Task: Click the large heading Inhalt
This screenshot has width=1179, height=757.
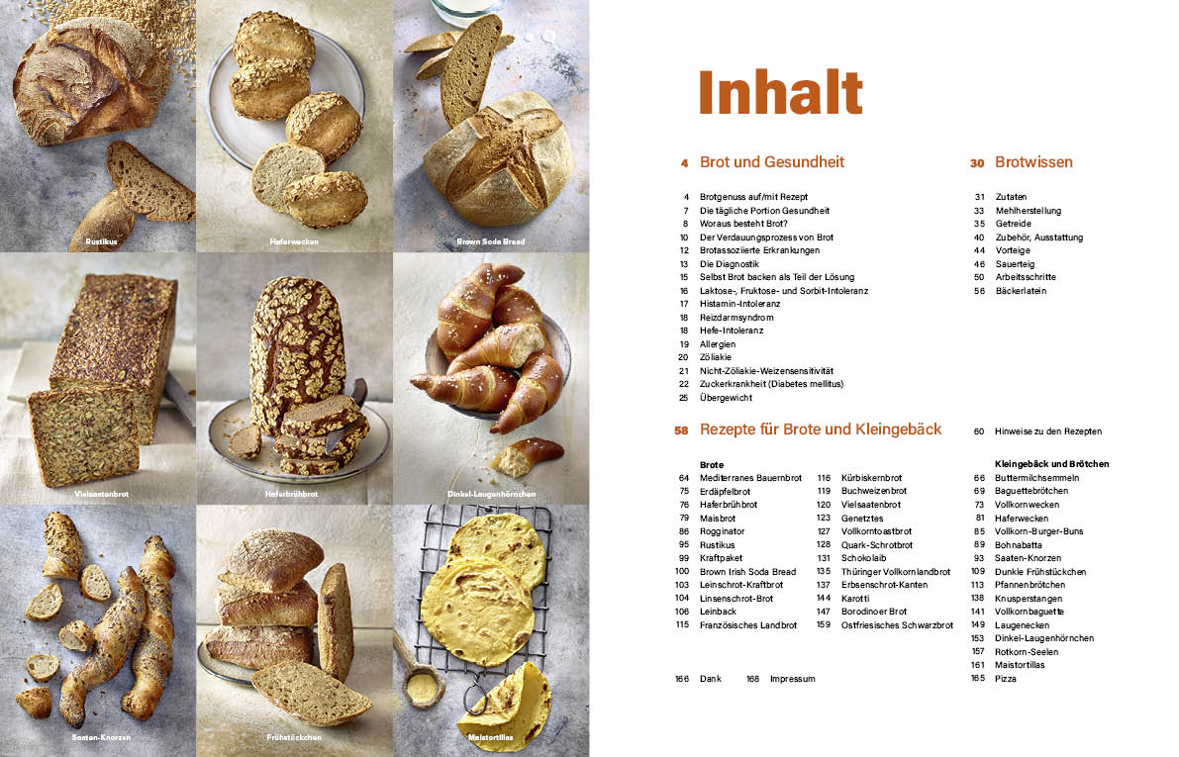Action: point(780,93)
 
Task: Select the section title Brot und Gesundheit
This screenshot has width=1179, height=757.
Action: point(771,162)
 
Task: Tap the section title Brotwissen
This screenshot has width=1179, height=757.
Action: point(1033,162)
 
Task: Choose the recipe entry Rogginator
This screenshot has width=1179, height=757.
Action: point(724,531)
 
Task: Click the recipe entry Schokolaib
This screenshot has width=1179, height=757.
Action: point(864,558)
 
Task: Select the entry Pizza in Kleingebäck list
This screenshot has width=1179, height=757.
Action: point(1006,679)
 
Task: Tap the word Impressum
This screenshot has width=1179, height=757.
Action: point(792,679)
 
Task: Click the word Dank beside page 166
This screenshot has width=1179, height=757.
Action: point(711,679)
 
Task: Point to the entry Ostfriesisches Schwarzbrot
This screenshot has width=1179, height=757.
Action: point(896,625)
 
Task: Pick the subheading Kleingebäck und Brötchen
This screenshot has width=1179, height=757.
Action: point(1051,463)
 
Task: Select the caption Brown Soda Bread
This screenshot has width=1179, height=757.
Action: point(490,241)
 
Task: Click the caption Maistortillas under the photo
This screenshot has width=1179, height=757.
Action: point(490,738)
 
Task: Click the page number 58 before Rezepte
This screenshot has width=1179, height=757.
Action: point(680,430)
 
